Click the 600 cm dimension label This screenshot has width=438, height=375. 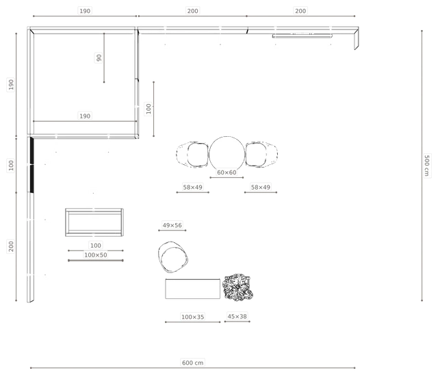click(192, 363)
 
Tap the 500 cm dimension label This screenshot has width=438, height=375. click(426, 166)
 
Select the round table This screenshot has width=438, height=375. click(227, 153)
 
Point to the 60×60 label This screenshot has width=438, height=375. click(227, 172)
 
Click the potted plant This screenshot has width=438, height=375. click(237, 287)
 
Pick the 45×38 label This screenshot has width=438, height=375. click(237, 316)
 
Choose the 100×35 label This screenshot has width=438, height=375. click(193, 317)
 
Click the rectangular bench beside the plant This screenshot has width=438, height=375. click(193, 289)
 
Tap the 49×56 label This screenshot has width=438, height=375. click(172, 225)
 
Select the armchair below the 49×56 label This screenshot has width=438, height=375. click(173, 257)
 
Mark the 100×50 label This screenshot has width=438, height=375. click(96, 255)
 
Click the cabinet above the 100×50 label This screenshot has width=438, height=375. click(94, 222)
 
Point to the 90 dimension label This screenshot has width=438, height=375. click(99, 57)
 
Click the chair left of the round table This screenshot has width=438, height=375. click(193, 155)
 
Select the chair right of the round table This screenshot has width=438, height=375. click(261, 155)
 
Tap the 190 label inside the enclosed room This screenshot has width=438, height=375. click(85, 116)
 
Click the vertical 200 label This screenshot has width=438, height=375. click(11, 246)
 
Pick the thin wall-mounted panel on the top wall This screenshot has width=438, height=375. click(302, 36)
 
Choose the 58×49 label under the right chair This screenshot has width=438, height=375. click(261, 187)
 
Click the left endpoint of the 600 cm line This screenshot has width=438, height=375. click(31, 368)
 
